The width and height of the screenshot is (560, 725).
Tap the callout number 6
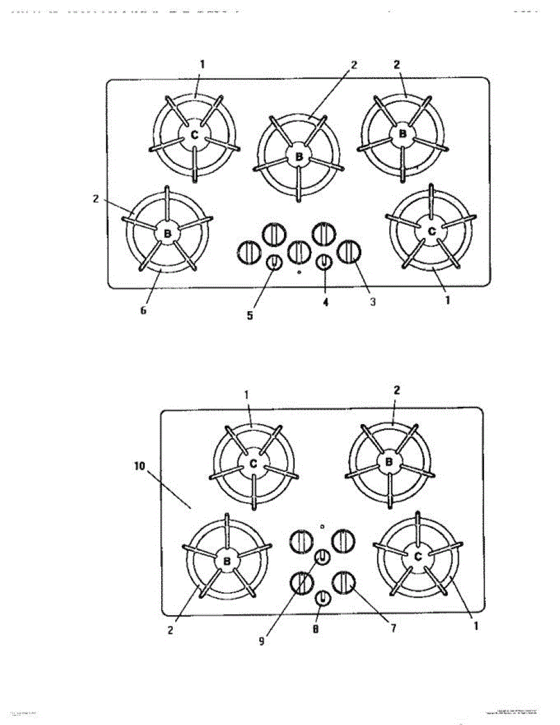(x=143, y=311)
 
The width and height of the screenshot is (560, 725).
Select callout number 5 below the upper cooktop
(x=249, y=314)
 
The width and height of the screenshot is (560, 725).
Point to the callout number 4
(x=325, y=303)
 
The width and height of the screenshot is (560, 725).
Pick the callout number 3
(x=373, y=301)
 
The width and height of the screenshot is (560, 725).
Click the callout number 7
(x=393, y=628)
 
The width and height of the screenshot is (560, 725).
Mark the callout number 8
(x=315, y=630)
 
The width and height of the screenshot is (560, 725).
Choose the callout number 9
(x=262, y=642)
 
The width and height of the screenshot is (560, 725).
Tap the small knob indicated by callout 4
(x=324, y=263)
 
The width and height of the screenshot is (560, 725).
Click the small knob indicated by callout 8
(x=323, y=598)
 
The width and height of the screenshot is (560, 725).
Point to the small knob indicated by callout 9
(x=322, y=556)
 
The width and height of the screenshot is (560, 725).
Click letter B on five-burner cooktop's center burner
(x=298, y=157)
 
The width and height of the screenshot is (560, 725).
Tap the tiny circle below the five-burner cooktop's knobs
(x=300, y=272)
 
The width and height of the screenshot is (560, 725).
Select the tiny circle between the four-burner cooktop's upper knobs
(x=322, y=527)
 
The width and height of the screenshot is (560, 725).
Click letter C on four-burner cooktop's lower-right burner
(x=417, y=557)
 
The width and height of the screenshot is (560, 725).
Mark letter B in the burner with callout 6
(x=167, y=233)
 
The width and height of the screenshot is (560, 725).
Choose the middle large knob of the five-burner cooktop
(x=298, y=252)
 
